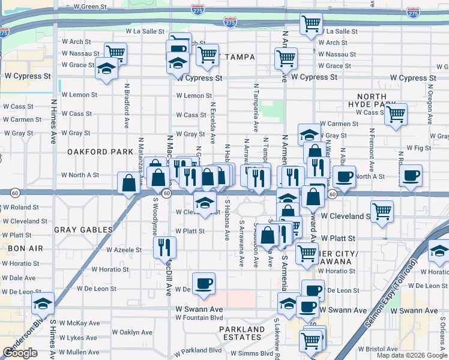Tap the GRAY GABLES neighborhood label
[x=83, y=230]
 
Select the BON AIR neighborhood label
[x=15, y=247]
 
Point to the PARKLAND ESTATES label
[x=241, y=334]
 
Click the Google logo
[x=20, y=353]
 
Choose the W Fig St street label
[x=419, y=148]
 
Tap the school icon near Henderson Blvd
[x=43, y=303]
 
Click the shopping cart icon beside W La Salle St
[x=311, y=24]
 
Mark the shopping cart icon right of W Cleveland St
[x=382, y=211]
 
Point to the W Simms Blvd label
[x=252, y=354]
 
